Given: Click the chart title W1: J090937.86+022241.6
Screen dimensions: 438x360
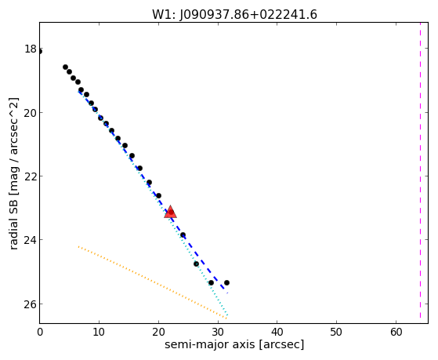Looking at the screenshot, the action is (234, 15).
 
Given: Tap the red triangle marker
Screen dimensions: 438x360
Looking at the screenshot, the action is (170, 212).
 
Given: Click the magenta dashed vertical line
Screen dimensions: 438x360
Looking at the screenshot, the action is (420, 170).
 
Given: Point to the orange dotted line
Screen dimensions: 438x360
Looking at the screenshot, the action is (153, 282).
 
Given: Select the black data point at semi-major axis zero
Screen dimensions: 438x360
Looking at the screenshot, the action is (40, 52).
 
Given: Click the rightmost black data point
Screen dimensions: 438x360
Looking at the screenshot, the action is (226, 283).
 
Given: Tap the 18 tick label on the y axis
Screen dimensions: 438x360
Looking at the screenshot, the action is (31, 49).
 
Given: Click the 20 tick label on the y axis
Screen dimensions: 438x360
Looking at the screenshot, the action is (31, 113).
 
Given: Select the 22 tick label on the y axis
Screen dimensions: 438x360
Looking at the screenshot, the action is (31, 176).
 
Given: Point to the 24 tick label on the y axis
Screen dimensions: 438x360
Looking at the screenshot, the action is (31, 240).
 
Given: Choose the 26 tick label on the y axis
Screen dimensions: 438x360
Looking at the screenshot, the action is (31, 304).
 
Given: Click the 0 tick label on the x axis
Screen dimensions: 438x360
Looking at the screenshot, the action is (40, 332).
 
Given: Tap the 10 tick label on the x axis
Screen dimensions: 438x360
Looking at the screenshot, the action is (99, 332).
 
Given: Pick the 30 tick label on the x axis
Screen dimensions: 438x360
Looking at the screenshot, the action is (218, 332).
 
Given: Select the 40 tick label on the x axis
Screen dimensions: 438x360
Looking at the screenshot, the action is (277, 332).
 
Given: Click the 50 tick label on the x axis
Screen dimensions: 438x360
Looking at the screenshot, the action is (336, 332).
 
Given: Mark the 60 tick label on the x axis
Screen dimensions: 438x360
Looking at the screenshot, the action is (396, 332).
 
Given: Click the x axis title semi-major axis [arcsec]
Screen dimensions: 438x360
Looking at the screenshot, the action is (234, 344).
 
